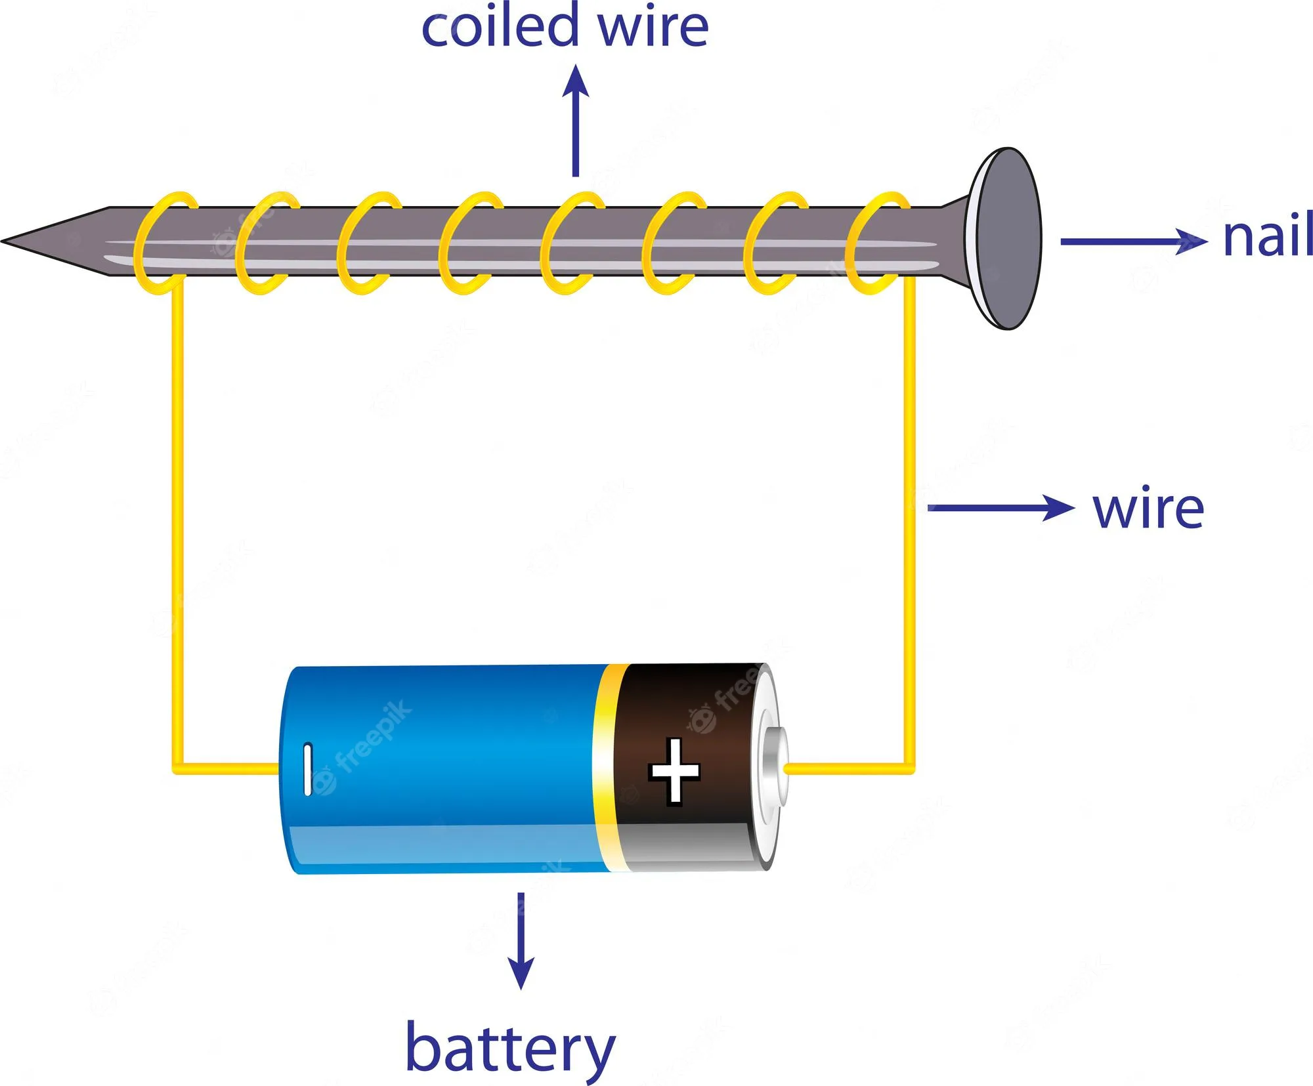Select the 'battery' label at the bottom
point(510,1048)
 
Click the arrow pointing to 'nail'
point(1132,241)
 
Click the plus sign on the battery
point(674,770)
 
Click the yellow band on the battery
point(607,768)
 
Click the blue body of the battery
point(446,768)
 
